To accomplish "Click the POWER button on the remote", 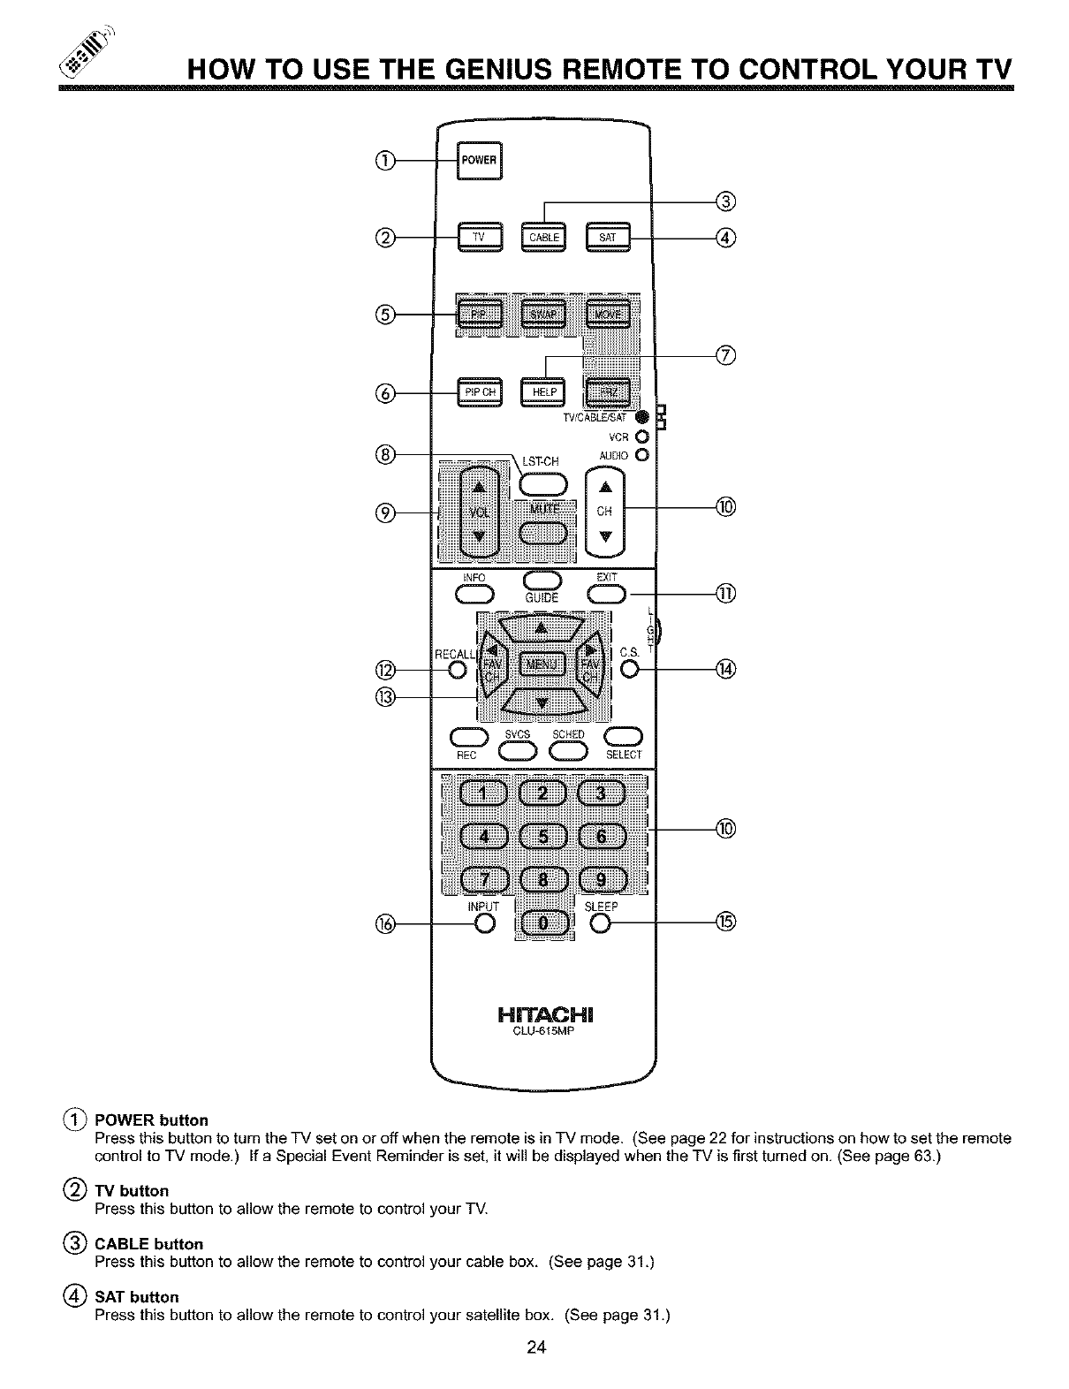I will point(478,160).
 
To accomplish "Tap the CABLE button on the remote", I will point(543,236).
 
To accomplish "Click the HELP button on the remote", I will point(543,392).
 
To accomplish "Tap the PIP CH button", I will point(478,392).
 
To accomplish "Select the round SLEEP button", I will point(601,923).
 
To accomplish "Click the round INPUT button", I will point(483,923).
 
